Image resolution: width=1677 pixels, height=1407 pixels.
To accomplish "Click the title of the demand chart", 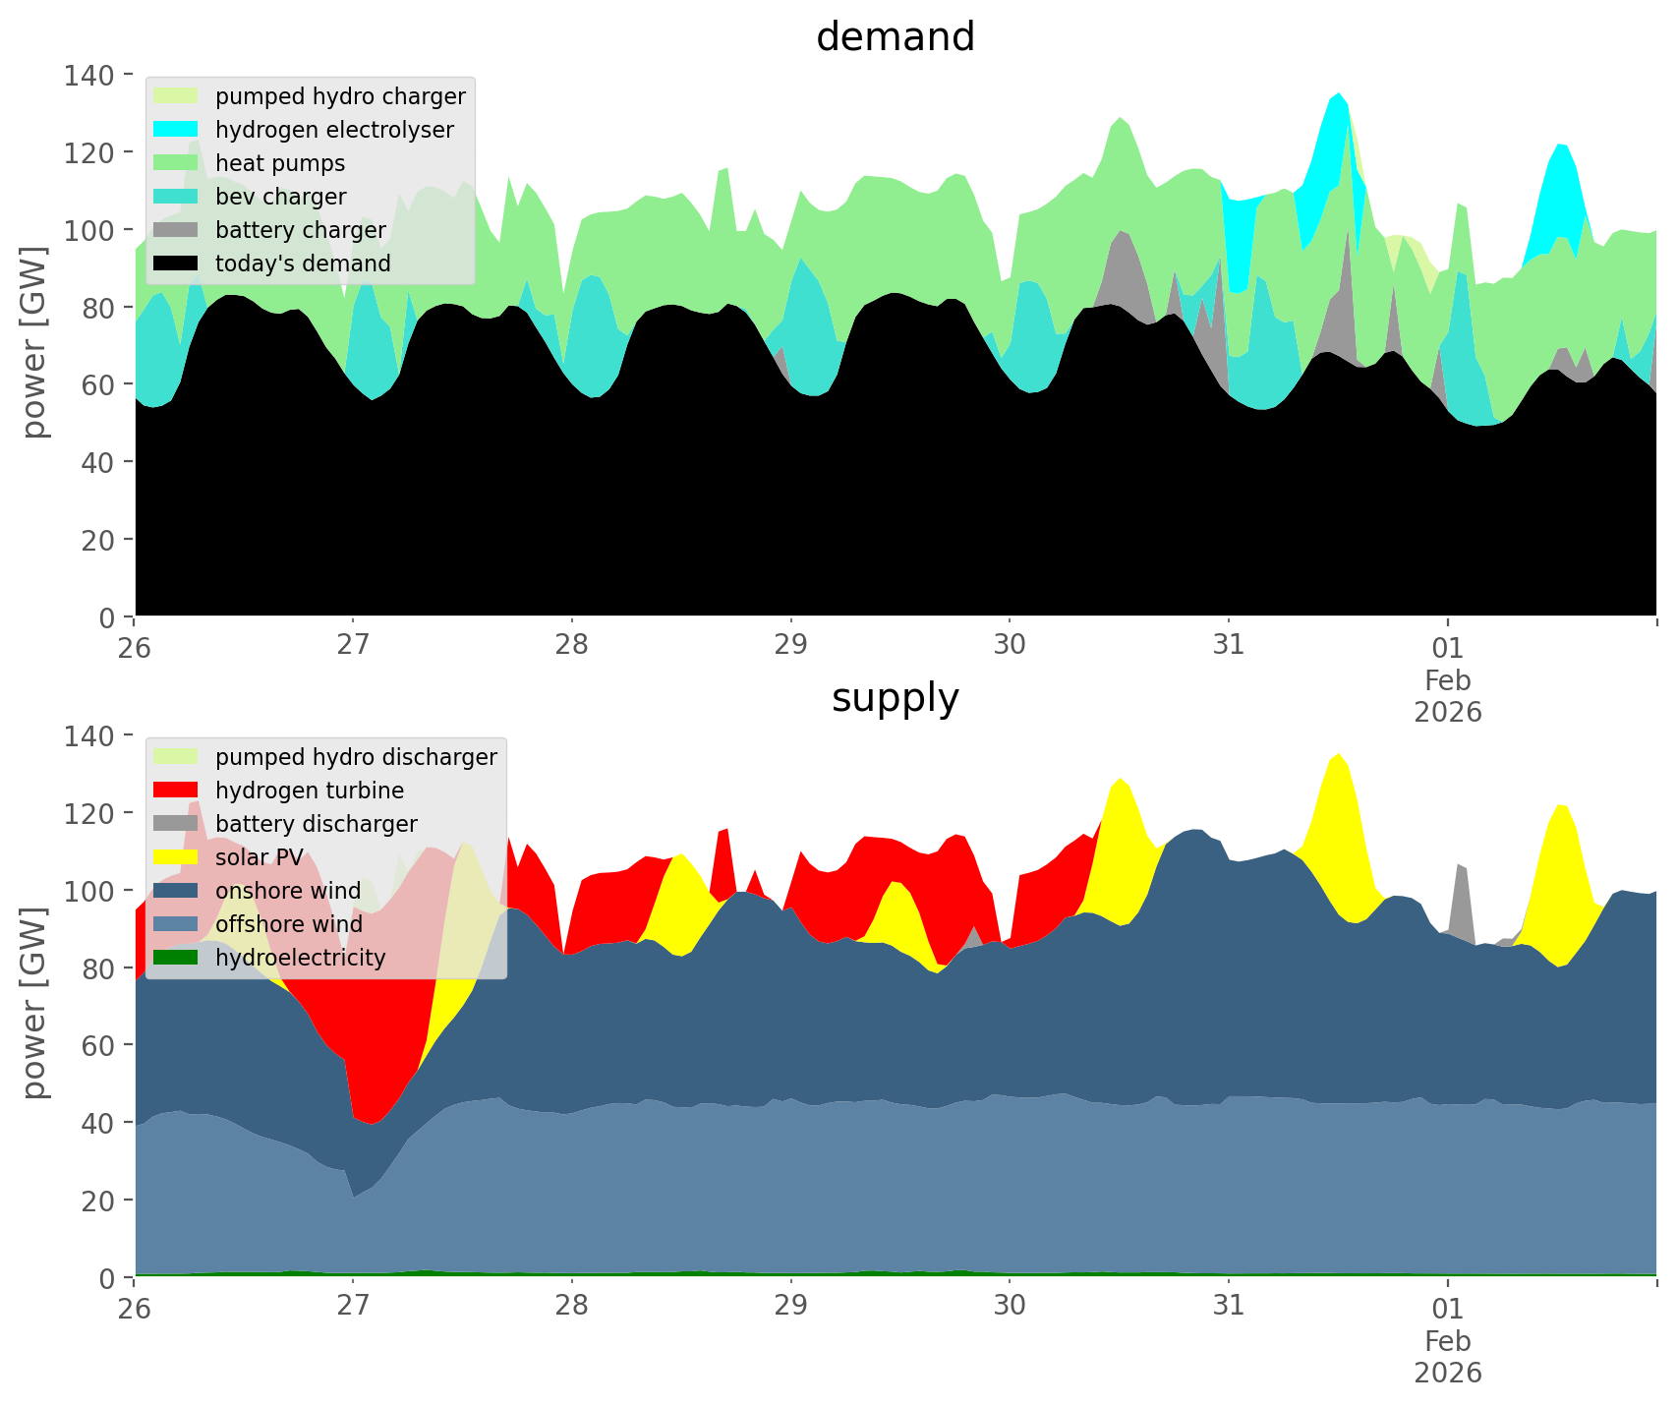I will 895,38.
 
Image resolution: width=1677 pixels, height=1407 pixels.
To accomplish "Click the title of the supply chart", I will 895,699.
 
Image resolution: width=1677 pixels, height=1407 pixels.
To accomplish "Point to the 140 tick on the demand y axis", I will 89,75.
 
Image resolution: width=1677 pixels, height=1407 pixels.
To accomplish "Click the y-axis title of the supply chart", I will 34,1003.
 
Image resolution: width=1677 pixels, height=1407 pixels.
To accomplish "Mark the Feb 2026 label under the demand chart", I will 1448,695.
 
